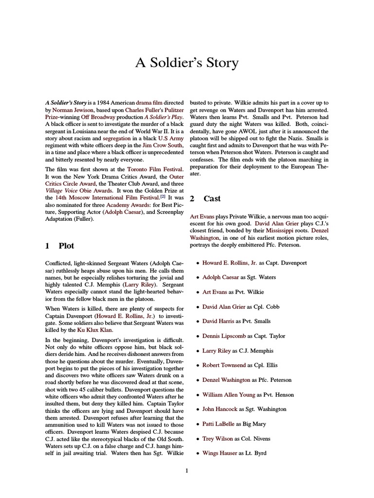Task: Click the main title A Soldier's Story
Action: click(187, 63)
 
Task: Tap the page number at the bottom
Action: click(187, 470)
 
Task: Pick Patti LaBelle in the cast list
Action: click(218, 424)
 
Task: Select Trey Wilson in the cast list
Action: click(217, 439)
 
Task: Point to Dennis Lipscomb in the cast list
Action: click(223, 336)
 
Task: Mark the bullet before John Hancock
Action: click(197, 409)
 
